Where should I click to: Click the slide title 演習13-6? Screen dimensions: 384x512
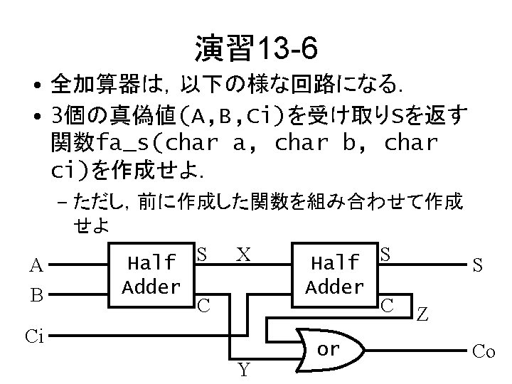coord(255,49)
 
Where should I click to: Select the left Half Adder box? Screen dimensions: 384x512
coord(150,274)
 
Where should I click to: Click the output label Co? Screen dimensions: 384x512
coord(484,351)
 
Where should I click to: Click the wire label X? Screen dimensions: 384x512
coord(243,254)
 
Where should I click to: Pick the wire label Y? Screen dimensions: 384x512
coord(243,370)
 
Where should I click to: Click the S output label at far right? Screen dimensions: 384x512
coord(479,265)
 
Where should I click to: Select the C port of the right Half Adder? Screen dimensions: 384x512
coord(388,305)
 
